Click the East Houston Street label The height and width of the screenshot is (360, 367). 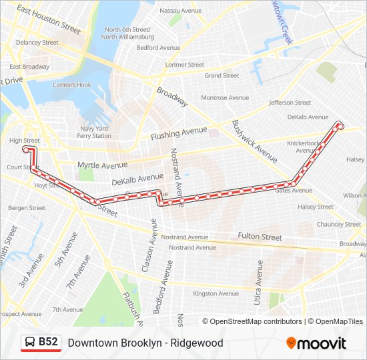pyautogui.click(x=49, y=20)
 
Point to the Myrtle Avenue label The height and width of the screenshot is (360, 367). pyautogui.click(x=102, y=165)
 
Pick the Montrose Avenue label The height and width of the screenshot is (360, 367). pyautogui.click(x=225, y=97)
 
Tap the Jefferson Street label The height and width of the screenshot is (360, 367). pyautogui.click(x=290, y=103)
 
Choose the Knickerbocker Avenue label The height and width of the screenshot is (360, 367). pyautogui.click(x=305, y=147)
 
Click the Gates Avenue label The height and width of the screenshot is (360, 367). pyautogui.click(x=294, y=190)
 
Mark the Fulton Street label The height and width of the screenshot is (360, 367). pyautogui.click(x=260, y=237)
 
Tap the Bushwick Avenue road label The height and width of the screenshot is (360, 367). pyautogui.click(x=254, y=141)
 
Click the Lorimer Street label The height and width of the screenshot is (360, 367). pyautogui.click(x=186, y=65)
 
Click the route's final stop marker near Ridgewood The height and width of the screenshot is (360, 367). pyautogui.click(x=340, y=125)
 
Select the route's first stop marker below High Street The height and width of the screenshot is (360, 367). pyautogui.click(x=27, y=150)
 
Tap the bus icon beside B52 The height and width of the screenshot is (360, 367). pyautogui.click(x=31, y=343)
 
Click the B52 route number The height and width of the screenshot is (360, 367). pyautogui.click(x=49, y=343)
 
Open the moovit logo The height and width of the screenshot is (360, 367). pyautogui.click(x=316, y=343)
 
